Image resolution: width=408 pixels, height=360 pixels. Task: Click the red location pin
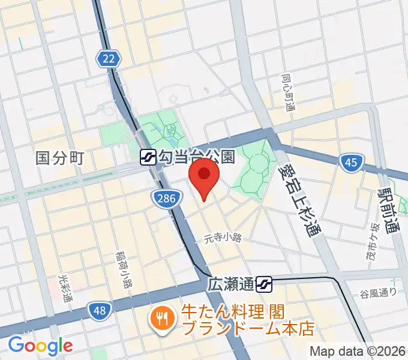tap(203, 176)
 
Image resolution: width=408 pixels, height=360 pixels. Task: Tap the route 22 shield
tap(109, 58)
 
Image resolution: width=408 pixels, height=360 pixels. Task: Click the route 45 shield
tap(350, 162)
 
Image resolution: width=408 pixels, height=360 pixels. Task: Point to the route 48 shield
tap(100, 310)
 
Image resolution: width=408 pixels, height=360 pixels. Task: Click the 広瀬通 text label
tap(232, 282)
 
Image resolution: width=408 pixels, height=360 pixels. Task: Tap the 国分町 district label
tap(59, 158)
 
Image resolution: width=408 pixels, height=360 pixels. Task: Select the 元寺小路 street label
tap(222, 238)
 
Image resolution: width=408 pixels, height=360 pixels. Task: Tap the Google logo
tap(41, 345)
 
